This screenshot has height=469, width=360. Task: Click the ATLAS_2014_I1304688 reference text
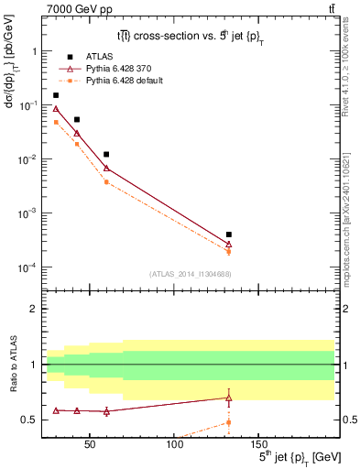[189, 274]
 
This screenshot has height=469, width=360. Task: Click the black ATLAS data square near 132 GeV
[228, 234]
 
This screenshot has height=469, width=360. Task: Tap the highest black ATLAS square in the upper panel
[56, 95]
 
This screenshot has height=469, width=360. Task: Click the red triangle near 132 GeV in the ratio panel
[228, 398]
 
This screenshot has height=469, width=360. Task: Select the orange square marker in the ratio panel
[228, 422]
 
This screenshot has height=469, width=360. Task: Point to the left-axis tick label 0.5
[28, 420]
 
